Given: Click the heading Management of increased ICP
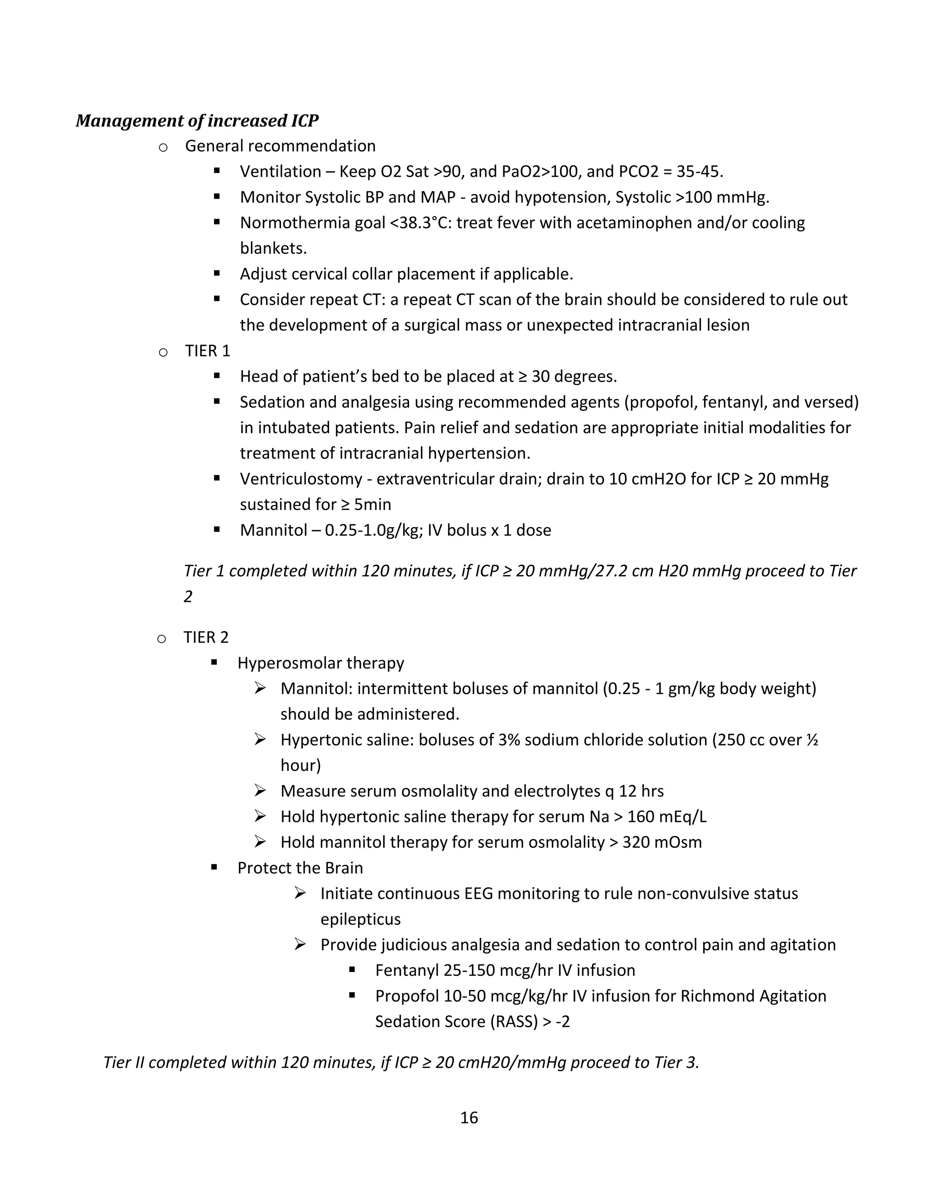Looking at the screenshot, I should click(x=197, y=121).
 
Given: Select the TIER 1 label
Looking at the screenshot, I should click(x=207, y=351).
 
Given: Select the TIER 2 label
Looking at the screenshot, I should click(x=206, y=637).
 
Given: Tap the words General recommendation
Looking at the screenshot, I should click(x=280, y=146).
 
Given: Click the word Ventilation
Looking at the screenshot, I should click(x=280, y=171).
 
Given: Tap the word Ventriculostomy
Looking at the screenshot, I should click(x=300, y=479).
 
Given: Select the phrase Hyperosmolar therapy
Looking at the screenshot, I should click(x=320, y=662).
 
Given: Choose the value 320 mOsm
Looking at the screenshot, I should click(x=662, y=842).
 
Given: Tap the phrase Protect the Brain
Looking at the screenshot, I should click(x=300, y=868).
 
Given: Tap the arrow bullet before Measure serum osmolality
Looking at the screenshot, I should click(x=260, y=791).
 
